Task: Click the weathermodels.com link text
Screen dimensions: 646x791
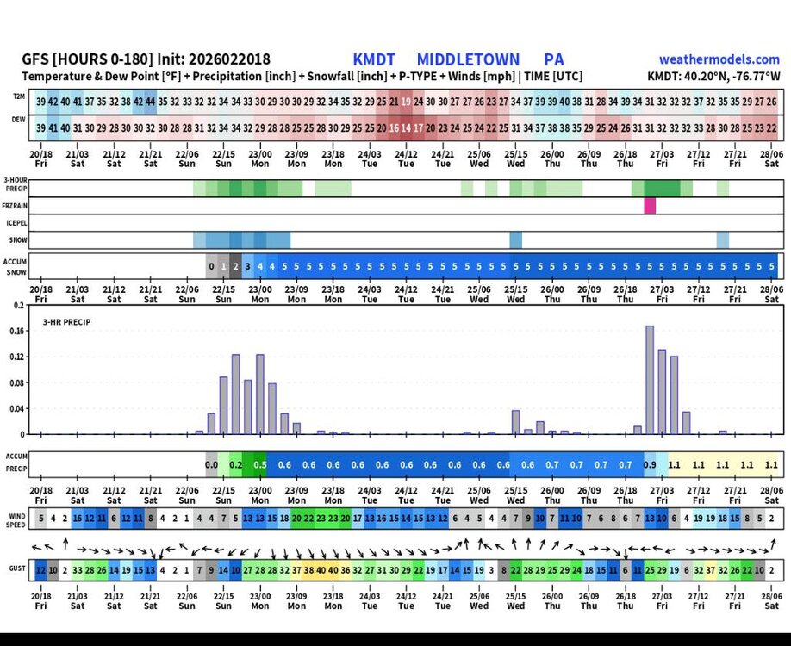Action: [x=719, y=59]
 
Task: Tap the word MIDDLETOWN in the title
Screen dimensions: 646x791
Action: [x=468, y=59]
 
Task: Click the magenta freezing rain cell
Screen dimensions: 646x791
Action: [x=650, y=206]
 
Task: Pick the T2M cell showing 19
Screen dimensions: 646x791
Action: [x=406, y=102]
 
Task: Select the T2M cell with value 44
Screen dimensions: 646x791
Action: [x=150, y=102]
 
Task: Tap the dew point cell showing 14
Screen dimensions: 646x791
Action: [x=406, y=127]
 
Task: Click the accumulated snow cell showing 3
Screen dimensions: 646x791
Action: [x=248, y=266]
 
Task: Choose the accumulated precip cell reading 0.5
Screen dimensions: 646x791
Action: [x=260, y=464]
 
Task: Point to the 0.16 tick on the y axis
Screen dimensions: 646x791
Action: [x=16, y=331]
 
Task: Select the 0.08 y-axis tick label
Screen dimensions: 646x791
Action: [x=16, y=382]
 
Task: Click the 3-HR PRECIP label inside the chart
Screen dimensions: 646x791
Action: [x=67, y=322]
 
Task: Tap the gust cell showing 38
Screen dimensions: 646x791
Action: [x=309, y=569]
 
